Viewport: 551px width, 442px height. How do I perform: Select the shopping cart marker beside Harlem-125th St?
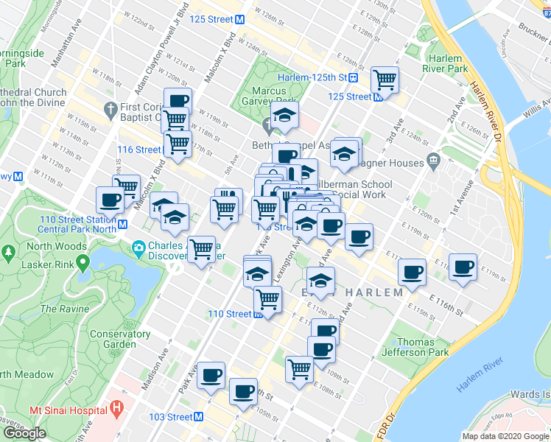click(x=384, y=79)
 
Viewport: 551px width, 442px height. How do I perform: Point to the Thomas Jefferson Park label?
click(x=423, y=347)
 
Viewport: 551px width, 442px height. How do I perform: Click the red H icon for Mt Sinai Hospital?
click(x=116, y=407)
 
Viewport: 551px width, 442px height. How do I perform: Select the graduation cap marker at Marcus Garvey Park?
click(x=284, y=115)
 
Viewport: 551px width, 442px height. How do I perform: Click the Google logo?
click(x=25, y=432)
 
